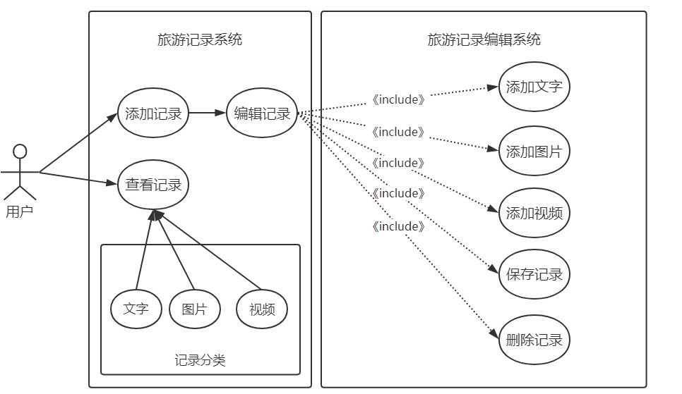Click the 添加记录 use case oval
[153, 113]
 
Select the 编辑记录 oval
[262, 113]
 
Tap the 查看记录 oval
[153, 185]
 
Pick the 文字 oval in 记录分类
[136, 309]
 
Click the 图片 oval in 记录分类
[194, 309]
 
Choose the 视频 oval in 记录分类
[262, 309]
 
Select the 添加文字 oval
[534, 87]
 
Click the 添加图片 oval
[534, 151]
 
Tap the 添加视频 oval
[534, 212]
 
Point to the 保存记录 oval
[534, 274]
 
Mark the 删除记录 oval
[534, 340]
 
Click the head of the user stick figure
[20, 151]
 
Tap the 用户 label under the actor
[19, 211]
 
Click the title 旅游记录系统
[200, 40]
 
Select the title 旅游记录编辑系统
[484, 40]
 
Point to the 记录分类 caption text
[200, 361]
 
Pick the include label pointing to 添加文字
[399, 99]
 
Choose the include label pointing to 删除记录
[399, 227]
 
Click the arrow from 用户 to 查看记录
[78, 178]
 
